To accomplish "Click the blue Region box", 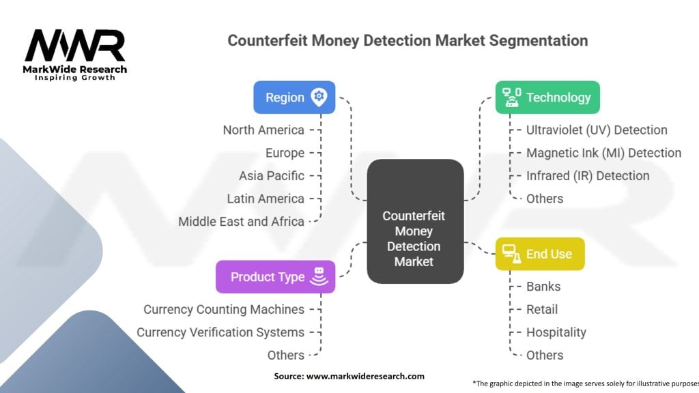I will click(x=294, y=97).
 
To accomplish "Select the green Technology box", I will click(x=547, y=97).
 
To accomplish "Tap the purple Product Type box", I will click(x=275, y=276).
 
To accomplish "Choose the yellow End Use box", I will click(x=539, y=254).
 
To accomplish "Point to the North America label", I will click(x=263, y=130).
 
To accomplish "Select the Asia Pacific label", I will click(x=272, y=175).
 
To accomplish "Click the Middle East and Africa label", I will click(x=241, y=221).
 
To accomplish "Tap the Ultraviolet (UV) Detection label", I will click(x=597, y=130).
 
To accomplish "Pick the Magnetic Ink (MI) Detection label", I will click(x=603, y=153).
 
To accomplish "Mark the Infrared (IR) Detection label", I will click(x=588, y=175).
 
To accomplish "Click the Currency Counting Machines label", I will click(x=224, y=309).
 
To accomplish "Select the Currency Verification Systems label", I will click(x=220, y=332).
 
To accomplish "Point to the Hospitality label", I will click(x=556, y=332).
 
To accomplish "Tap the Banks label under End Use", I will click(x=543, y=287).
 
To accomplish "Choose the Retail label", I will click(x=542, y=309).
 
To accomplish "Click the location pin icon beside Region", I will click(x=319, y=97).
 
